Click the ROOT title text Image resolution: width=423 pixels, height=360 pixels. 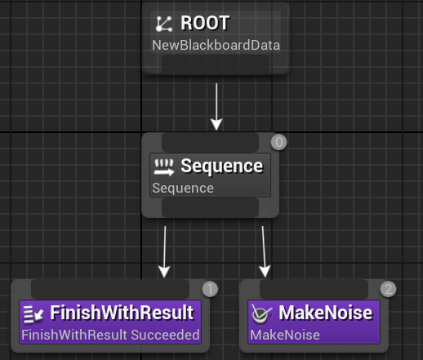tap(205, 23)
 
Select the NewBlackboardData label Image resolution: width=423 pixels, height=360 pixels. tap(216, 45)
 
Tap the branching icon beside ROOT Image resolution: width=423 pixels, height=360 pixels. tap(164, 24)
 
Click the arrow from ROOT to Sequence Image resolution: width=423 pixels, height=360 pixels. tap(216, 107)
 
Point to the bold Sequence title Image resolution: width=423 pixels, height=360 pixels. tap(222, 166)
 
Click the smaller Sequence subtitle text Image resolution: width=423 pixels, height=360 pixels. tap(183, 188)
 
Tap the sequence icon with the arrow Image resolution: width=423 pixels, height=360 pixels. tap(164, 167)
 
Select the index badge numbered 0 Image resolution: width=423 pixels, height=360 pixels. tap(278, 142)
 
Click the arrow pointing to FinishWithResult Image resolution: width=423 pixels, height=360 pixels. tap(164, 251)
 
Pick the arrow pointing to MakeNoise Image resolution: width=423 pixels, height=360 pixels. tap(264, 251)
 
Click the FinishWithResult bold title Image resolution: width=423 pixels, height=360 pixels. tap(122, 313)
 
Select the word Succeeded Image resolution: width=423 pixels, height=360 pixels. tap(165, 335)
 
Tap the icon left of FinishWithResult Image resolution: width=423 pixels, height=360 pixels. tap(33, 314)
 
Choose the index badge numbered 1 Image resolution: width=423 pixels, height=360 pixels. tap(210, 289)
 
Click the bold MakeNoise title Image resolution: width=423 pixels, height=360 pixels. tap(325, 313)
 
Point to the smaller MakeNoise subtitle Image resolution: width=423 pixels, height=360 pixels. tap(285, 335)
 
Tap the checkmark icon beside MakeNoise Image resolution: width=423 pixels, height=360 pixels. tap(261, 314)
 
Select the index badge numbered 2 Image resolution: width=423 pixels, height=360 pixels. tap(388, 289)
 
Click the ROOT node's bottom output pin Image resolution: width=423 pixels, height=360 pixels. tap(216, 64)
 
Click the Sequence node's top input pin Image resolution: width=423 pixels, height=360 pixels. tap(210, 142)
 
